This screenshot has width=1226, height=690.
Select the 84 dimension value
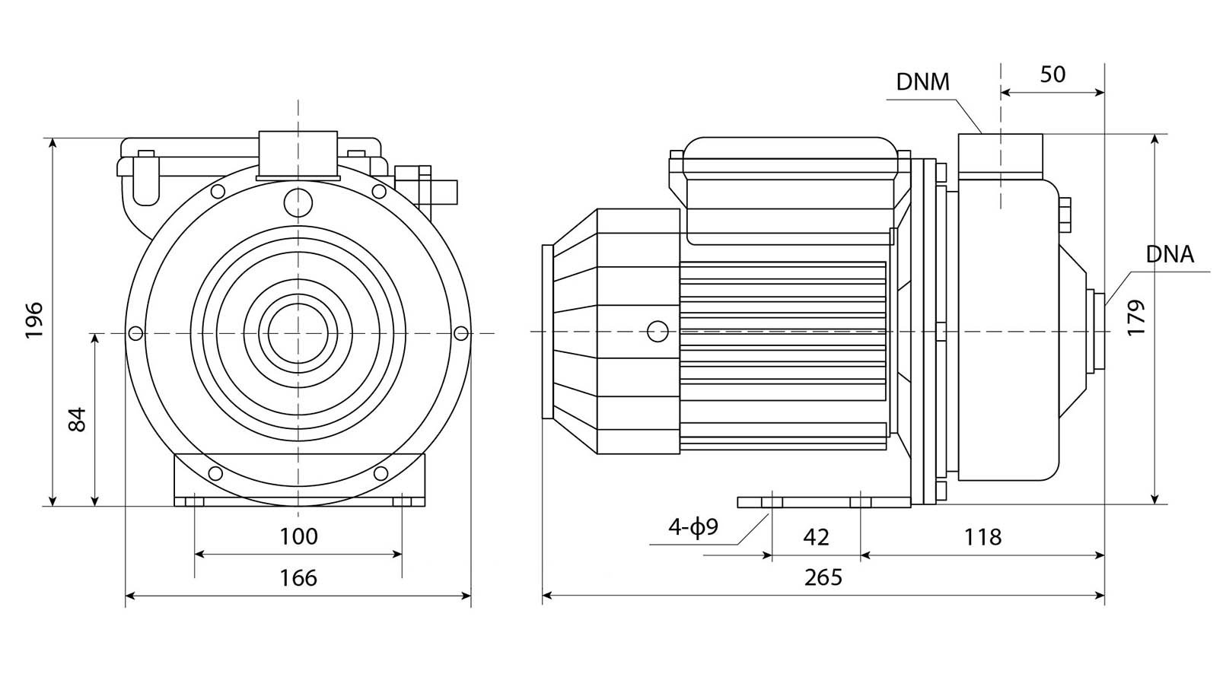click(77, 419)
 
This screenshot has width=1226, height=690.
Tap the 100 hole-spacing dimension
click(298, 536)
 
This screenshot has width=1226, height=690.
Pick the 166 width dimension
click(298, 578)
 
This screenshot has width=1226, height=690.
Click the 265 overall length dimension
click(823, 578)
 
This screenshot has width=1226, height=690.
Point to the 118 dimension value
click(982, 537)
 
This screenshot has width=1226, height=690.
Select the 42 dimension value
click(816, 537)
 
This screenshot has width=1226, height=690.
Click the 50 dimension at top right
click(1052, 75)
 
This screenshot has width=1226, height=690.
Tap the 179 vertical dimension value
click(1136, 319)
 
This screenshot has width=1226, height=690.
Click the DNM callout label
click(922, 82)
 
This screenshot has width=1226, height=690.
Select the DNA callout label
click(1170, 255)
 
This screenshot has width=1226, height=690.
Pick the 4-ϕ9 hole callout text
click(693, 527)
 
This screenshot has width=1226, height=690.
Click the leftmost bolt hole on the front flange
click(135, 333)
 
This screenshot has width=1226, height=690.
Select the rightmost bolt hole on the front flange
click(461, 332)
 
